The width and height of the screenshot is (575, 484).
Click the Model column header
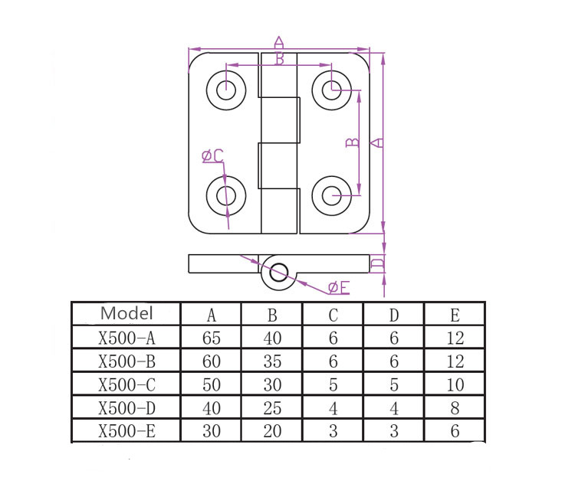tap(127, 313)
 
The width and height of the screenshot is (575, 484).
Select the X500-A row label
tap(127, 337)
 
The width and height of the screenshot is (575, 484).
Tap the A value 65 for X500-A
tap(211, 337)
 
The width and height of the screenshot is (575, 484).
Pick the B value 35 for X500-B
tap(272, 360)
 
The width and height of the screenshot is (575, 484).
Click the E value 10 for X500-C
tap(455, 384)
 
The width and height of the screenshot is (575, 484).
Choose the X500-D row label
tap(127, 407)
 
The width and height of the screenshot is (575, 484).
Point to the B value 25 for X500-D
tap(272, 407)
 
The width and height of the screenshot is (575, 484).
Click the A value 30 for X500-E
tap(211, 431)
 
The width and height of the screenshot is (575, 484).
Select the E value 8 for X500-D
tap(455, 407)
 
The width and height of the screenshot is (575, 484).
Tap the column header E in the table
tap(455, 314)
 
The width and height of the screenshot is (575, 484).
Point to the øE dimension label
tap(338, 288)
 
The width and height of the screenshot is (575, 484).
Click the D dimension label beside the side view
tap(376, 263)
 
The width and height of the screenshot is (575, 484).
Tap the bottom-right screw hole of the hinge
tap(332, 195)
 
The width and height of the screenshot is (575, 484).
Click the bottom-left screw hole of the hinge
tap(226, 195)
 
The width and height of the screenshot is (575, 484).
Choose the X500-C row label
tap(127, 384)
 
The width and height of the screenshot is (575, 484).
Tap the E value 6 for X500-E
tap(455, 431)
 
